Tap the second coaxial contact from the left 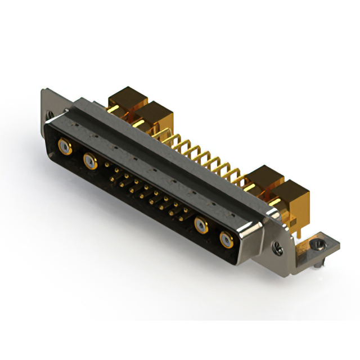(x=89, y=162)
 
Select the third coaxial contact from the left (x=201, y=226)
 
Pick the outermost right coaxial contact (x=226, y=240)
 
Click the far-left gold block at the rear (x=126, y=98)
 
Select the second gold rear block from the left (x=155, y=112)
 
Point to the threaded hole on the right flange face (x=276, y=246)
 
